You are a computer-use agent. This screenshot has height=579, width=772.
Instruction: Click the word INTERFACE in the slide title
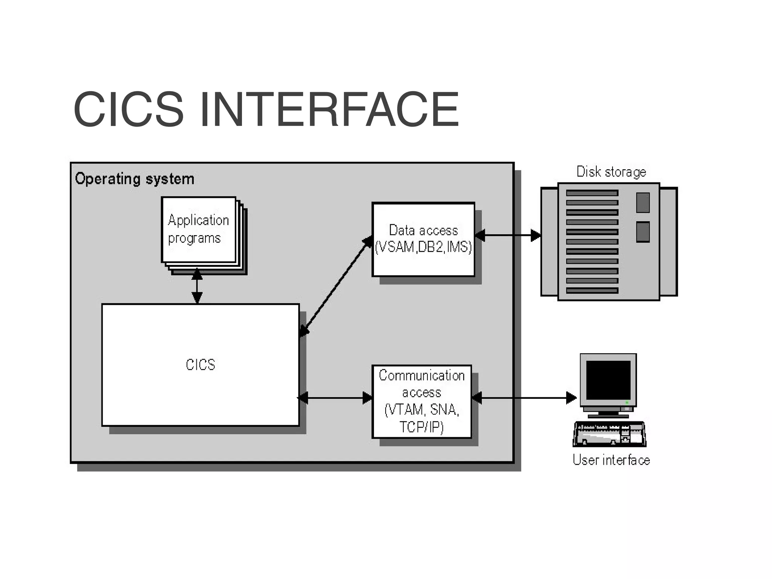pyautogui.click(x=329, y=109)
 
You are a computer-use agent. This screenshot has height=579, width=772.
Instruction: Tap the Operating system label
pyautogui.click(x=135, y=179)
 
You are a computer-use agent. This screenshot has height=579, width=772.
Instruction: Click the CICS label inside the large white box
pyautogui.click(x=201, y=365)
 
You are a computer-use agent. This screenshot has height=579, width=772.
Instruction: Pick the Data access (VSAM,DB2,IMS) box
pyautogui.click(x=423, y=239)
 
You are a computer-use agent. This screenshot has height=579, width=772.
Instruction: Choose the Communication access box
pyautogui.click(x=422, y=401)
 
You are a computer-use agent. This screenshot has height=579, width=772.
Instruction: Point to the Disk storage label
pyautogui.click(x=611, y=172)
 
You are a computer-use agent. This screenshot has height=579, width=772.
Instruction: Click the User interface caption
pyautogui.click(x=611, y=460)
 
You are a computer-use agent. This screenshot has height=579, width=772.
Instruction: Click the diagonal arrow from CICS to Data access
pyautogui.click(x=336, y=286)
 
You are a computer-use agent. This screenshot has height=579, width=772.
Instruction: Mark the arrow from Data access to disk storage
pyautogui.click(x=508, y=236)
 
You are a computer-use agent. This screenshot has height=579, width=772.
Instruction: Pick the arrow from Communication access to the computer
pyautogui.click(x=524, y=398)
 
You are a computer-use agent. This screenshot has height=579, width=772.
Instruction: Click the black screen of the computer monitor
pyautogui.click(x=608, y=380)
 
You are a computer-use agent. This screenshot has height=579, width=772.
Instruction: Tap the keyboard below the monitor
pyautogui.click(x=610, y=434)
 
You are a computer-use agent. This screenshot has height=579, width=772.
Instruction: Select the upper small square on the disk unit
pyautogui.click(x=643, y=202)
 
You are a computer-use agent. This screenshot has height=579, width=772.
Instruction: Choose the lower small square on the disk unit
pyautogui.click(x=643, y=232)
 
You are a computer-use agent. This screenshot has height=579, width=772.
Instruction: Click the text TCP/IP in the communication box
pyautogui.click(x=421, y=427)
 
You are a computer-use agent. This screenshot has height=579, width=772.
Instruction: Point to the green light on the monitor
pyautogui.click(x=627, y=403)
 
